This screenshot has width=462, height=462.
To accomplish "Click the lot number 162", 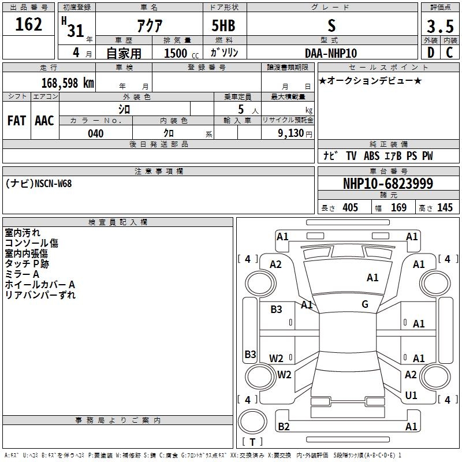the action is click(x=28, y=24).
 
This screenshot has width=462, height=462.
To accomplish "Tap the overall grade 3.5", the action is click(x=440, y=27).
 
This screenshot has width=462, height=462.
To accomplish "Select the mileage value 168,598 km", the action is click(x=68, y=83).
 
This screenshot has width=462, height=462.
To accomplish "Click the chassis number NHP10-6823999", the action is click(x=388, y=184).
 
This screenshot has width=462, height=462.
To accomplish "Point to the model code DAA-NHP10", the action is click(x=331, y=53).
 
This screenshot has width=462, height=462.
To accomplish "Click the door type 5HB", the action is click(x=223, y=25).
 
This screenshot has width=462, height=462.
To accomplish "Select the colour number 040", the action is click(x=96, y=133).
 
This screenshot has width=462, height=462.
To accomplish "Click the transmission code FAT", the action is click(x=17, y=121).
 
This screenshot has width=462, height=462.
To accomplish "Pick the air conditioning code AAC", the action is click(x=44, y=121).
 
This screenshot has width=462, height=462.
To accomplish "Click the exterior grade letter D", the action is click(x=431, y=53).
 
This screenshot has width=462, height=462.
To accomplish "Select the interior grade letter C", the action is click(x=449, y=53).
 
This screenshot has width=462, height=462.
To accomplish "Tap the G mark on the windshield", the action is click(x=365, y=304).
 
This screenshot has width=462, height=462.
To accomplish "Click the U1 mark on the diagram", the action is click(x=411, y=396).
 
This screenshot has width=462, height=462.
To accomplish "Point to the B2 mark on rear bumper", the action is click(x=284, y=427).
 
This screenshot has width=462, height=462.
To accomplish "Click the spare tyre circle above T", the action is click(x=252, y=422).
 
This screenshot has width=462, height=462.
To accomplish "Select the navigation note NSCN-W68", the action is click(x=53, y=184).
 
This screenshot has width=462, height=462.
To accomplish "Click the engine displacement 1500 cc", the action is click(x=181, y=53).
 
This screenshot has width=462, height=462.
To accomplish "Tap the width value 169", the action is click(x=398, y=207).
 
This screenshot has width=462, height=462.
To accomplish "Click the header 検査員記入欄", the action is click(x=118, y=222).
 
